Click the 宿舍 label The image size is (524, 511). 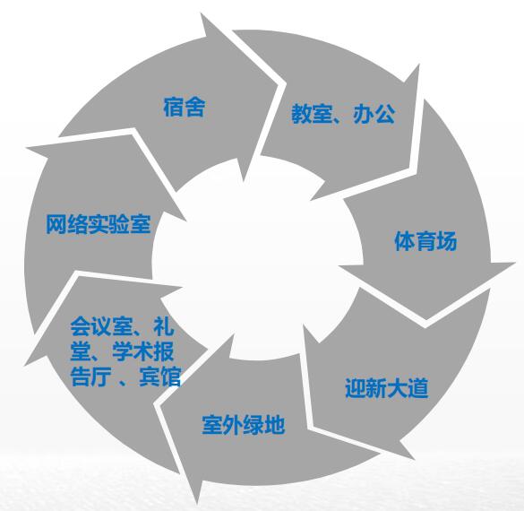pyautogui.click(x=184, y=107)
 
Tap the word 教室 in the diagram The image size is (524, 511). pyautogui.click(x=312, y=114)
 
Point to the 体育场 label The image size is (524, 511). pyautogui.click(x=425, y=241)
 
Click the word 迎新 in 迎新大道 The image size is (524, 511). pyautogui.click(x=365, y=388)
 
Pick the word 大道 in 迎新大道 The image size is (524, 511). pyautogui.click(x=408, y=388)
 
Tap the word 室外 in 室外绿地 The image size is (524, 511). pyautogui.click(x=222, y=425)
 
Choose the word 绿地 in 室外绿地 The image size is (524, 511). pyautogui.click(x=264, y=425)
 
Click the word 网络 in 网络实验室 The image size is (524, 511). pyautogui.click(x=66, y=224)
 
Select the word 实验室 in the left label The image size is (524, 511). pyautogui.click(x=119, y=224)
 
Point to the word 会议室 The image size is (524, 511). pyautogui.click(x=101, y=326)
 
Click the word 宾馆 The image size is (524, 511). pyautogui.click(x=160, y=377)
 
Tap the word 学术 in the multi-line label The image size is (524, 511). pyautogui.click(x=133, y=351)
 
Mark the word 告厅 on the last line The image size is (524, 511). pyautogui.click(x=90, y=377)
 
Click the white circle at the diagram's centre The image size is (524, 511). pyautogui.click(x=257, y=257)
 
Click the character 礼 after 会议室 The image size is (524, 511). pyautogui.click(x=164, y=326)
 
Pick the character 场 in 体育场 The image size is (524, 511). pyautogui.click(x=446, y=241)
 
